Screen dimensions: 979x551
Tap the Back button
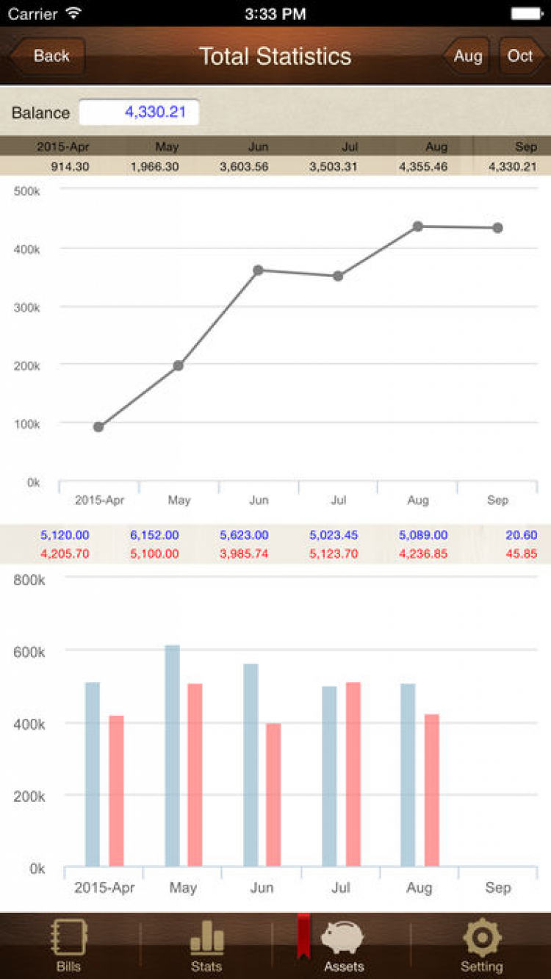point(48,56)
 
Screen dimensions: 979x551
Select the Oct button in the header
point(520,56)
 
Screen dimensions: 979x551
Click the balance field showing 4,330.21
point(139,112)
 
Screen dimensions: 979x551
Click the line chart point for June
point(258,270)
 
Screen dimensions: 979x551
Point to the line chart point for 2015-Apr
point(98,427)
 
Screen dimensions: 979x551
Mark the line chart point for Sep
point(497,228)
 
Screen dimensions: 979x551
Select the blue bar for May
point(172,756)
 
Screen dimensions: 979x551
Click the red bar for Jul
point(353,774)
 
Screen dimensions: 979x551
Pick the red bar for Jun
point(273,795)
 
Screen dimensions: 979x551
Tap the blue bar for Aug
point(408,775)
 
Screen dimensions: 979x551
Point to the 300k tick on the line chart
point(28,307)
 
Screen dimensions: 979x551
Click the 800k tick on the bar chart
point(28,580)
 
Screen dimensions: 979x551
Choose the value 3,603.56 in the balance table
point(244,167)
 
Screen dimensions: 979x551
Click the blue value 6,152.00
point(154,536)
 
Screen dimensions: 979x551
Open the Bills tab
point(68,946)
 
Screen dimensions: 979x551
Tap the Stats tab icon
point(206,939)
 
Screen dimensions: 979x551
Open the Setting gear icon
point(481,939)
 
